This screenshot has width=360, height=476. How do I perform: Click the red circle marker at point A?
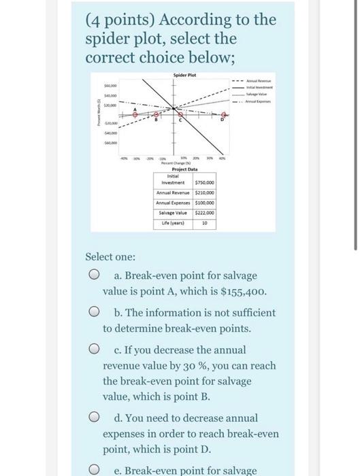[x=135, y=115]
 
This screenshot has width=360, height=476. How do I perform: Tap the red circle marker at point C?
[x=181, y=115]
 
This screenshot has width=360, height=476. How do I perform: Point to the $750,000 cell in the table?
[x=205, y=182]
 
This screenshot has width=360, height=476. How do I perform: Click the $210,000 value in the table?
[x=205, y=192]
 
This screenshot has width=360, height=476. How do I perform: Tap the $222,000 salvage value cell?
[x=205, y=213]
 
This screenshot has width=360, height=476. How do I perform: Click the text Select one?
[x=110, y=257]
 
